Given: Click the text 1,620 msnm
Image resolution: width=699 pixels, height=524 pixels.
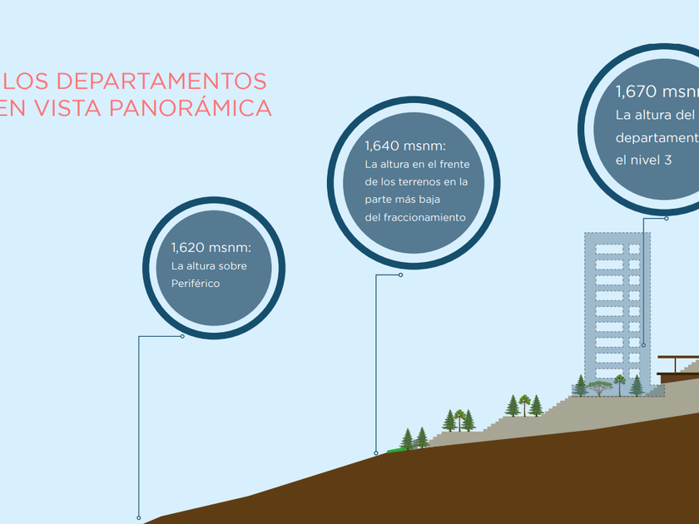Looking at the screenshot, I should (x=211, y=248).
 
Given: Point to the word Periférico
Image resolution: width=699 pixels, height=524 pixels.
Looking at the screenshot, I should (x=195, y=284).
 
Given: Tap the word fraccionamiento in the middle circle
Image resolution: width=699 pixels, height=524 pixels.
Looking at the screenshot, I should (x=424, y=218).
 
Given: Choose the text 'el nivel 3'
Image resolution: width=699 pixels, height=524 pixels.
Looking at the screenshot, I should (x=643, y=159).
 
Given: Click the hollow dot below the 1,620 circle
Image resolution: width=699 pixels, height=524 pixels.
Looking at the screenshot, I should (x=182, y=336).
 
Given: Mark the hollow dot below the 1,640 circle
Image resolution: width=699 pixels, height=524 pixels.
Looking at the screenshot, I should (x=400, y=275).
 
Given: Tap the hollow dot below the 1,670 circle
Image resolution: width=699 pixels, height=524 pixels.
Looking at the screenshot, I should (x=667, y=219).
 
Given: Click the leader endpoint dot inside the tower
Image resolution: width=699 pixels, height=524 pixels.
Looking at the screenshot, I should (x=642, y=345).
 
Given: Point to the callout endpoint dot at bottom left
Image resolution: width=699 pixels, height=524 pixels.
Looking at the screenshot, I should (x=138, y=517).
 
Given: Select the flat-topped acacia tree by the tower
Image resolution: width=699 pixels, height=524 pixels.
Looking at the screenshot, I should (x=598, y=386).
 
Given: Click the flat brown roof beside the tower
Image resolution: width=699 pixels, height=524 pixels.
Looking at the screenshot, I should (x=678, y=358).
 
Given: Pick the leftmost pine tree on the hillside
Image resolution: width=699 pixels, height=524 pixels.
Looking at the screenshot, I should (x=407, y=438).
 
